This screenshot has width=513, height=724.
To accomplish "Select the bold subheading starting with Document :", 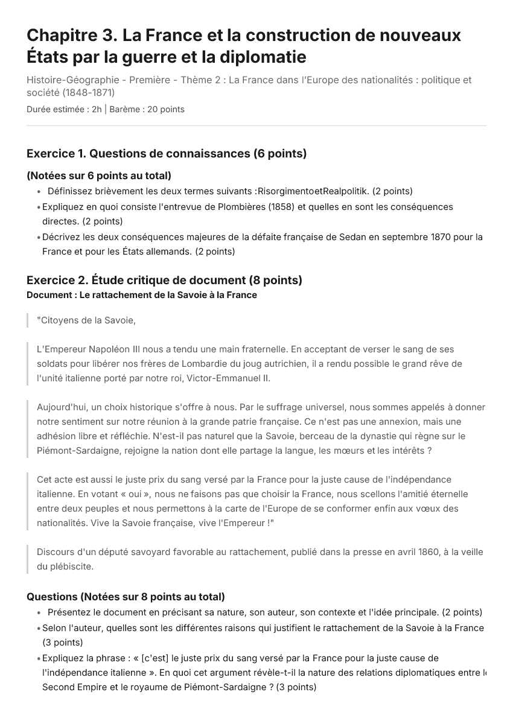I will point(142,295).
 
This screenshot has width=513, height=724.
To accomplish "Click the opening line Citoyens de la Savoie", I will point(86,320).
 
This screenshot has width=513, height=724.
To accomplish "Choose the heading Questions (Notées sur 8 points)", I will point(126,597).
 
